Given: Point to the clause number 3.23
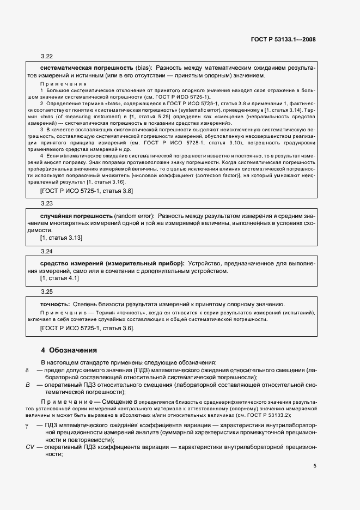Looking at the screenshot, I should [46, 203].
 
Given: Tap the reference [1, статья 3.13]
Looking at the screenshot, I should [61, 238].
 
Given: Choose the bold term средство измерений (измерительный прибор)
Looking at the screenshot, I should [112, 263].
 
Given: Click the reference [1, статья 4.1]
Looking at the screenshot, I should [59, 278].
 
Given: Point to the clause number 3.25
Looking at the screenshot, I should [46, 292].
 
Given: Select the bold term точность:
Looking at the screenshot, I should [55, 303].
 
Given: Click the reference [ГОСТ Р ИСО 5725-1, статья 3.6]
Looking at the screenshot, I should [87, 329].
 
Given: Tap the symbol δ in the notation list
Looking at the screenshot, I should [27, 370].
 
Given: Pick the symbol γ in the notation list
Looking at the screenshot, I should [27, 424].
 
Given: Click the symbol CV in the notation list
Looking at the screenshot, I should [30, 446].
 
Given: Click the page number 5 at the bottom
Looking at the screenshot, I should [315, 466].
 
